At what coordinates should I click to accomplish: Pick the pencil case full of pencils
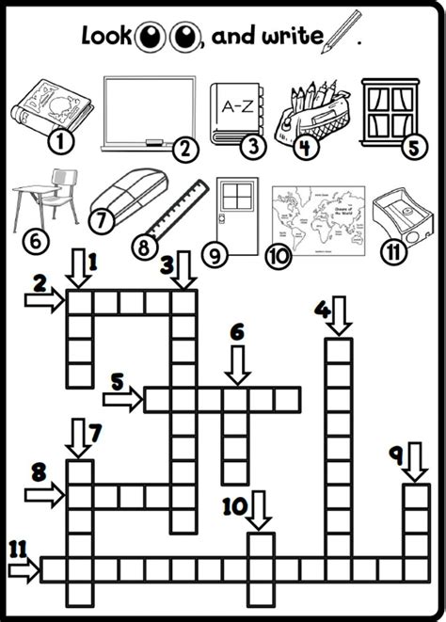tap(309, 113)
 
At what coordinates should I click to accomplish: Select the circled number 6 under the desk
tap(35, 241)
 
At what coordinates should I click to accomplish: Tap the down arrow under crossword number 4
tap(338, 321)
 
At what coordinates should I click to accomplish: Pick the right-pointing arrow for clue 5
tap(123, 399)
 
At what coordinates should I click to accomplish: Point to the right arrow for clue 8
tap(43, 491)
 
